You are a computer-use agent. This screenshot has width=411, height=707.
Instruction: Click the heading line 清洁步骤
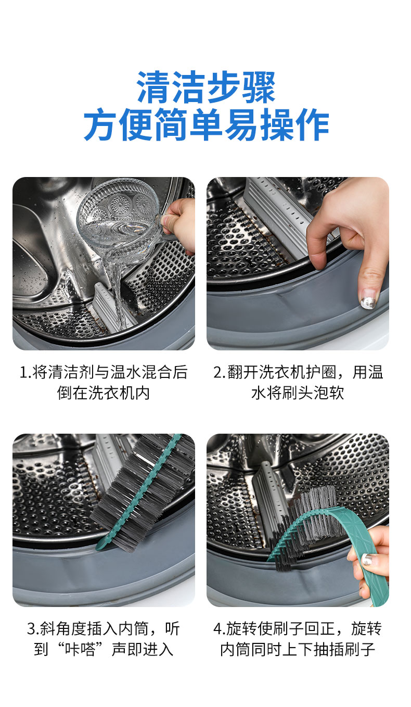click(x=206, y=87)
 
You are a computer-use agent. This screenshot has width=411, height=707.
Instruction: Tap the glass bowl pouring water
click(x=119, y=221)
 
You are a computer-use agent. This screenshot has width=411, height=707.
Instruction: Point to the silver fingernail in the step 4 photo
click(x=367, y=559)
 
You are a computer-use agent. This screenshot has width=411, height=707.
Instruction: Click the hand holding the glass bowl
click(x=178, y=225)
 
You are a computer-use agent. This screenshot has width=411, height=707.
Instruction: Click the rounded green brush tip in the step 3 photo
click(x=101, y=546)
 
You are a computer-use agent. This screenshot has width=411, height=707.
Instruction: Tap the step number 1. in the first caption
click(x=25, y=372)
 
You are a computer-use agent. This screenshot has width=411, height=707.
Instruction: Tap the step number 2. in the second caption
click(x=220, y=372)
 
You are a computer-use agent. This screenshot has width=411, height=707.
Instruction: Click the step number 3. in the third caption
click(x=33, y=629)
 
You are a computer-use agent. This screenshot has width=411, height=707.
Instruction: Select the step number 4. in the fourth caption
click(x=220, y=629)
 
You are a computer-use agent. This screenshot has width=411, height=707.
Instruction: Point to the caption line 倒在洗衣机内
click(x=103, y=393)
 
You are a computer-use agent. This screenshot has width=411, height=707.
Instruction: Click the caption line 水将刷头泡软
click(x=298, y=393)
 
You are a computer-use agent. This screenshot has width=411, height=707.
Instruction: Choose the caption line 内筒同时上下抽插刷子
click(x=298, y=650)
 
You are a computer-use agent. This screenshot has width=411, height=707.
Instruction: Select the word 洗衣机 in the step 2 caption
click(x=282, y=372)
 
